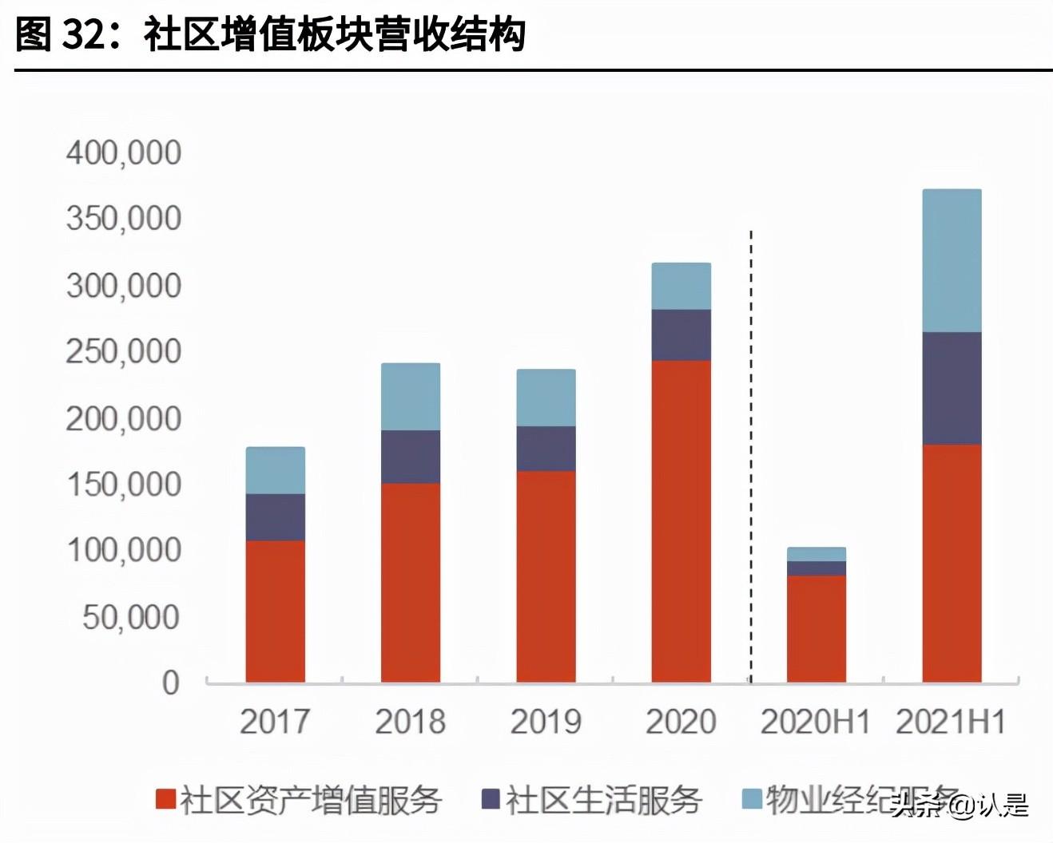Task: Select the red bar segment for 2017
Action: (275, 611)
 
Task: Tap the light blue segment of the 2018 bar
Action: (411, 397)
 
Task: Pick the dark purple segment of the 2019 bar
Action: (546, 449)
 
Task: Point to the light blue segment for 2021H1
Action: (952, 260)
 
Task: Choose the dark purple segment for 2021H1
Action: (952, 388)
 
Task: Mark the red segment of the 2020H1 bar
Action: (817, 628)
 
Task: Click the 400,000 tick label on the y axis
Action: (124, 152)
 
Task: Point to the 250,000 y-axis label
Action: (124, 351)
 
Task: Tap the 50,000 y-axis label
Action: (132, 616)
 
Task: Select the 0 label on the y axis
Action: (171, 683)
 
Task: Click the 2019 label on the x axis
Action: (546, 722)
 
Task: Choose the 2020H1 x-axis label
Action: (815, 722)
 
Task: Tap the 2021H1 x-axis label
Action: (951, 722)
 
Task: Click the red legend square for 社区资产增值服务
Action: (165, 799)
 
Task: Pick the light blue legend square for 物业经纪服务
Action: (752, 798)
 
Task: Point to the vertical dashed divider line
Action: (751, 455)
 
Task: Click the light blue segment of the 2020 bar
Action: (681, 286)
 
